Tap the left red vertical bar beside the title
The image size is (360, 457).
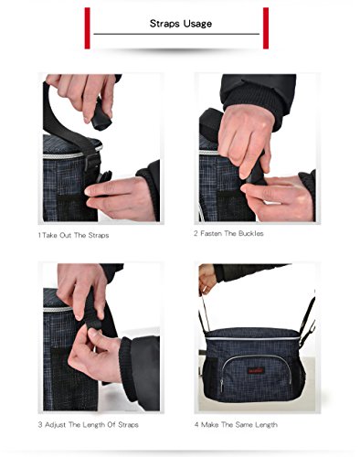coord(88,28)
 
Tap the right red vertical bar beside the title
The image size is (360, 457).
coord(266,28)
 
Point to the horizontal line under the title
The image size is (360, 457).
coord(176,34)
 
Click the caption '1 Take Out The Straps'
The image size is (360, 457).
coord(73,235)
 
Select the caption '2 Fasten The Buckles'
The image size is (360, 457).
coord(228,234)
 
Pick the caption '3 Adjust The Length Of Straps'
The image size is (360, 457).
coord(89,425)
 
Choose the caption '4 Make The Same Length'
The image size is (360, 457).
coord(236,425)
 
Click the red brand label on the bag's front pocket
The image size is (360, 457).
coord(256,371)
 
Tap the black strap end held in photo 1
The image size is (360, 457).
coord(101,117)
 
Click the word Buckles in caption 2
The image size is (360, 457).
coord(251,234)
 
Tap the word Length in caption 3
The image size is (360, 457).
coord(94,425)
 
